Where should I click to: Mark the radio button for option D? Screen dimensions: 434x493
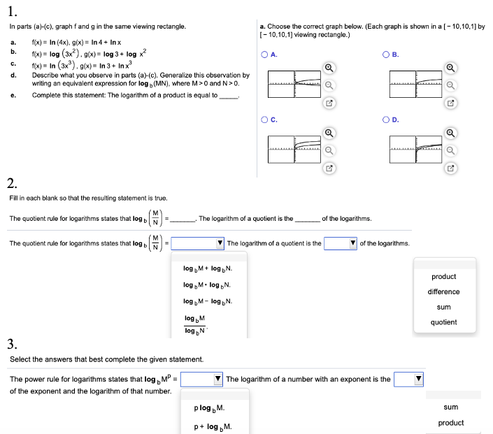pos(386,119)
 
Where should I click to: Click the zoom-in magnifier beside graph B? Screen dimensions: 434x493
pos(451,67)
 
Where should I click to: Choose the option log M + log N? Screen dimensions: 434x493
pos(208,268)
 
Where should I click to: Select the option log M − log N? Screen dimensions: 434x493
pos(208,301)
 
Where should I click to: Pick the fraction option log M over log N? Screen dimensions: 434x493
pos(195,324)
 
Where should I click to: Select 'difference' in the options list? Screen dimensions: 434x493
pos(443,292)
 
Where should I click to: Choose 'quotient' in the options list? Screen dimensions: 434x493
pos(443,322)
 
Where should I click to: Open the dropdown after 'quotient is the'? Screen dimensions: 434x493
pos(341,243)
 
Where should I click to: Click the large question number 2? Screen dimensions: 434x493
pos(12,185)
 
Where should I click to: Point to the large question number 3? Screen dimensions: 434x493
pos(12,343)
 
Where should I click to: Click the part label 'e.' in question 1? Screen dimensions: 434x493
pos(13,96)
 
